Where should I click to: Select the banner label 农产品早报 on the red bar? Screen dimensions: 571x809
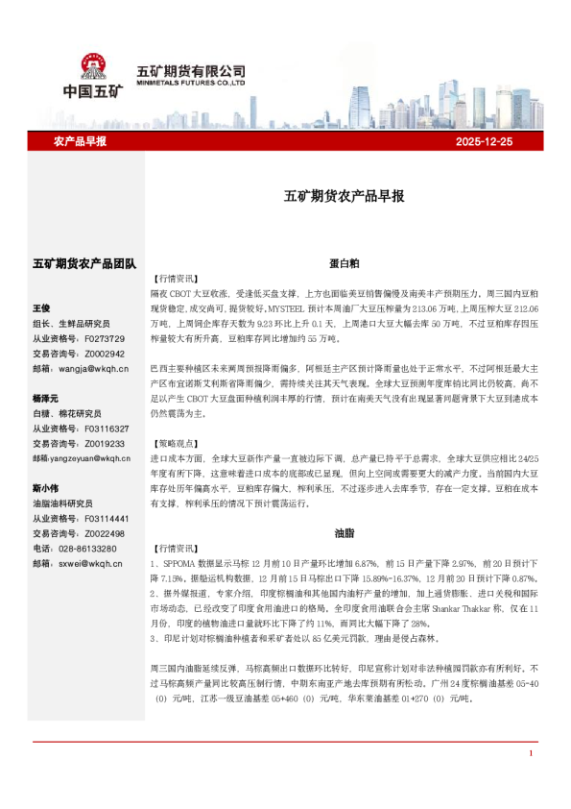pos(79,141)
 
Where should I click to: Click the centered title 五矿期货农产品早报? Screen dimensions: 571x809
pos(344,196)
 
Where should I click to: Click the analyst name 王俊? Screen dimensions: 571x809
pos(41,308)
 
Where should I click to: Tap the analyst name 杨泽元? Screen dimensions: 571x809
pos(45,398)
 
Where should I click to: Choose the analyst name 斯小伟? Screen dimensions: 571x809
pos(45,487)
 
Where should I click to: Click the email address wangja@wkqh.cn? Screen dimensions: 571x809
pos(94,368)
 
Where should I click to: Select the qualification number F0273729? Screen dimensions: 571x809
pos(105,338)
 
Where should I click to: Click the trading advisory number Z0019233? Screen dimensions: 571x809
pos(105,443)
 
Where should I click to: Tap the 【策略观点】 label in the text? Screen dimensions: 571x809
pos(178,445)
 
